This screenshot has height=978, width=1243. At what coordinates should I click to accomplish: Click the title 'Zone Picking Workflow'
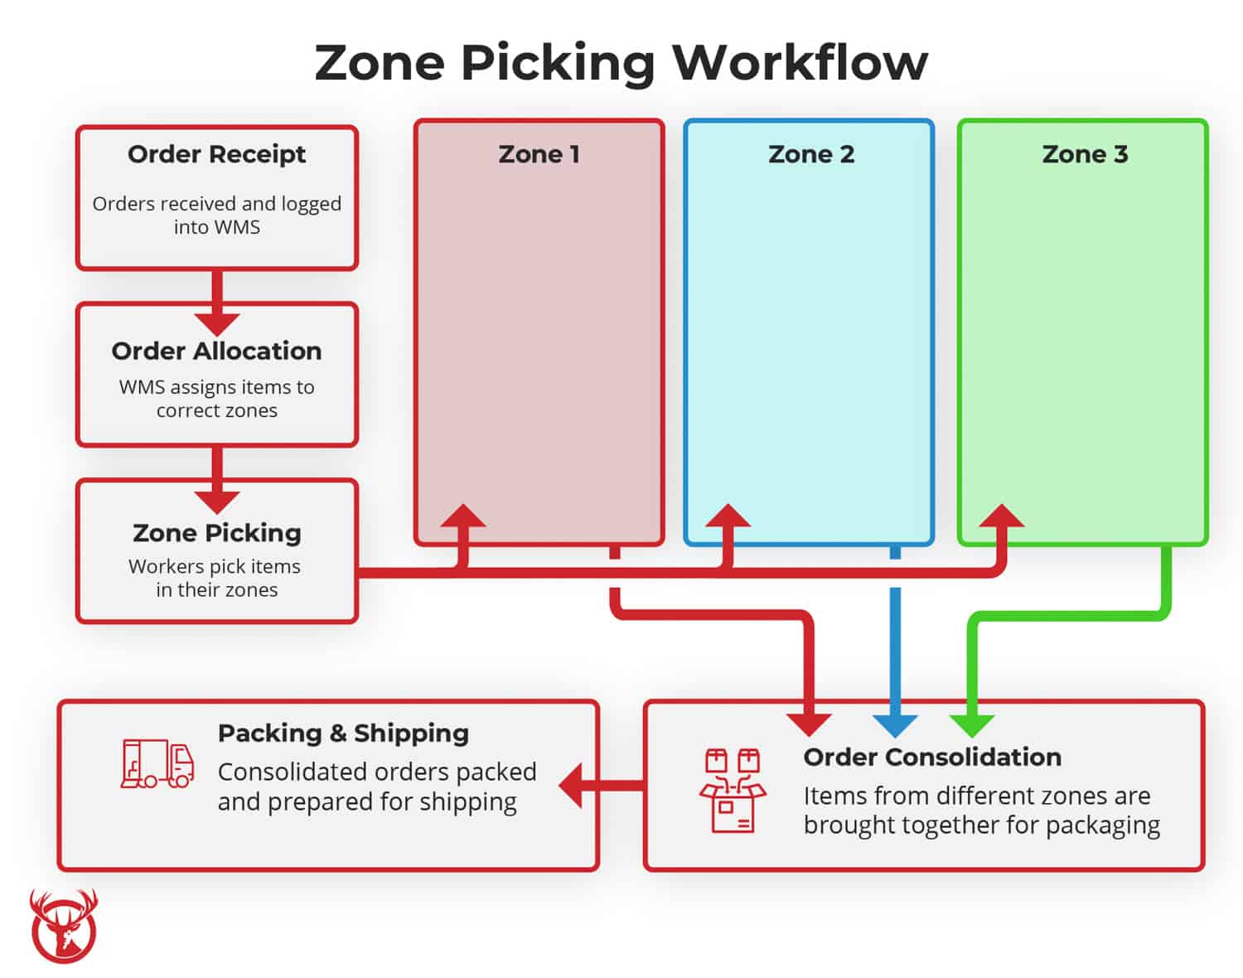pos(621,63)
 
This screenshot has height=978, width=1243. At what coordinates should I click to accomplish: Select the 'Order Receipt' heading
pos(216,154)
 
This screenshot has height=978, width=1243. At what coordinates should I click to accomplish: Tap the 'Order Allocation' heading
pos(216,351)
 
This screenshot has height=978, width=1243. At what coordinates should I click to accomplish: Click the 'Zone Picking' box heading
pos(216,532)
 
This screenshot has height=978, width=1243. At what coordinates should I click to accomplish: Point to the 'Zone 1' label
pos(539,154)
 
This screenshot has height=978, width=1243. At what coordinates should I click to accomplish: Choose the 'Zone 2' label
pos(810,154)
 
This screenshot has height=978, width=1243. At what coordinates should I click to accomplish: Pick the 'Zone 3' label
pos(1084,154)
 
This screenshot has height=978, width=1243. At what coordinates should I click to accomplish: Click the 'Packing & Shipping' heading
pos(343,733)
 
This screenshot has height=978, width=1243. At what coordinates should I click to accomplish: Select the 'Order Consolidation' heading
pos(931,757)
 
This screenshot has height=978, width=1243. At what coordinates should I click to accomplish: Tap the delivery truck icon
pos(157,763)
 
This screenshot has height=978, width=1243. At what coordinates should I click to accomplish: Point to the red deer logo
pos(64,927)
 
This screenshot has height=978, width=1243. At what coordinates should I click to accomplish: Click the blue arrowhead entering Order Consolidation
pos(895,724)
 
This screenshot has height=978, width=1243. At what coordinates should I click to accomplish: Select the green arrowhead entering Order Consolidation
pos(972,724)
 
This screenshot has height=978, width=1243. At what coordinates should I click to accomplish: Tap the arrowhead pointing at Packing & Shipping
pos(573,785)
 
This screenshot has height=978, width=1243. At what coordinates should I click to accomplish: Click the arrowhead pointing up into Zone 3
pos(1001,517)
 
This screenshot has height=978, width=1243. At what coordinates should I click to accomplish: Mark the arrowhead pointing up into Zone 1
pos(462,517)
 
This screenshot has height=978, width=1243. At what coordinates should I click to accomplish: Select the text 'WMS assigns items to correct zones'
pos(216,399)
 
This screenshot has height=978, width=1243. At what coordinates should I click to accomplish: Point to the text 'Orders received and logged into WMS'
pos(216,215)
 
